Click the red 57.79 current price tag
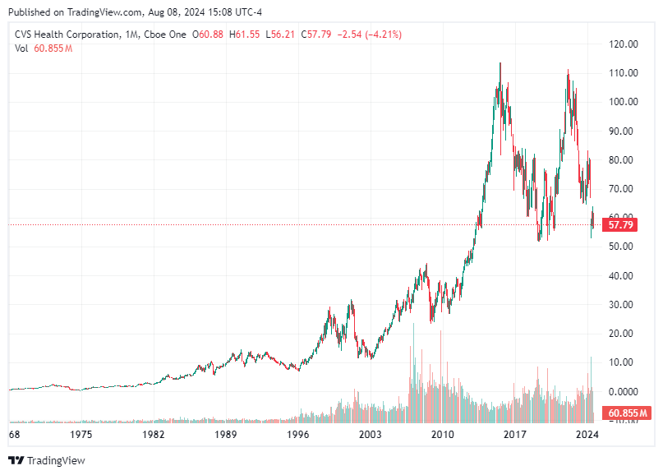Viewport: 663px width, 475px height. coord(620,224)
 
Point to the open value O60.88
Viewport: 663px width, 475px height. coord(209,35)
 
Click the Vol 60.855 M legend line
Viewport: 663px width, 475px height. coord(44,48)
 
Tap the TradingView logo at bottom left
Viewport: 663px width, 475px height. coord(47,460)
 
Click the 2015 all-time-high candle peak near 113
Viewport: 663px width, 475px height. coord(500,64)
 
